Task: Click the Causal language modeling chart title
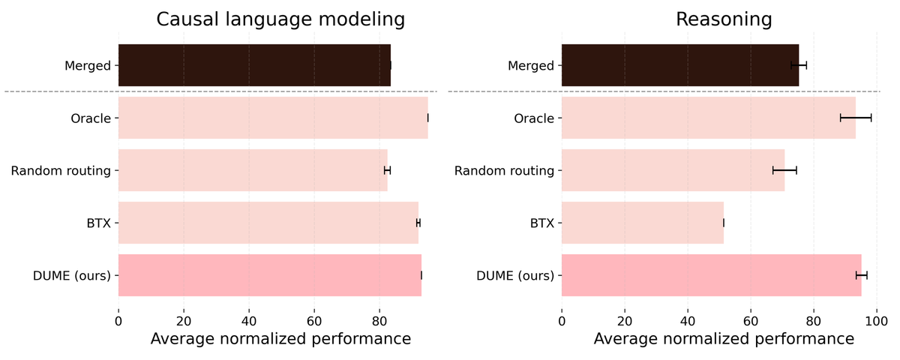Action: [280, 19]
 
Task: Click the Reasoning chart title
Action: [724, 19]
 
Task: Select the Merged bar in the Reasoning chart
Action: [680, 65]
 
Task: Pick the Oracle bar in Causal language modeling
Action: [273, 118]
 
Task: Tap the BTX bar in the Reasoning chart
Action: [643, 223]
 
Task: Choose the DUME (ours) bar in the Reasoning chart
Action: [712, 275]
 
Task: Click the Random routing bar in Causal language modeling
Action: [253, 170]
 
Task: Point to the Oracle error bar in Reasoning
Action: [856, 118]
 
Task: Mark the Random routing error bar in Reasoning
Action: [784, 170]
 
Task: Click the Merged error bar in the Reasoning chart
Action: [799, 65]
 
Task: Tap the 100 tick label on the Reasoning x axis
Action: [877, 322]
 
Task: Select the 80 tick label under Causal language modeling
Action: [379, 322]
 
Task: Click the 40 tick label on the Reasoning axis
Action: [688, 322]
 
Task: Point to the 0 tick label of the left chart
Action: [118, 322]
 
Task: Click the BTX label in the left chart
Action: [99, 223]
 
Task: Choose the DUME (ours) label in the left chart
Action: [72, 276]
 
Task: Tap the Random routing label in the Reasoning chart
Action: [504, 171]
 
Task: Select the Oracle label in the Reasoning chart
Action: [534, 118]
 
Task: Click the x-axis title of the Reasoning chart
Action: [724, 339]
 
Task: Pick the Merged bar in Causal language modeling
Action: [255, 65]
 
